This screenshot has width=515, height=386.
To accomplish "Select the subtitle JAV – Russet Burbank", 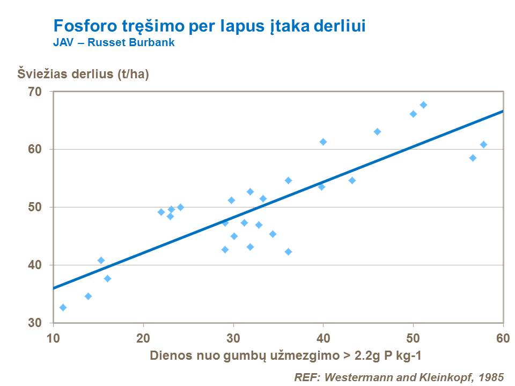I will tap(114, 42).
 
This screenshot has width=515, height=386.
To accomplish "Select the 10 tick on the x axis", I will tap(53, 338).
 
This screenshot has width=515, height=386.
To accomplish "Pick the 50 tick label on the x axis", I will tap(413, 338).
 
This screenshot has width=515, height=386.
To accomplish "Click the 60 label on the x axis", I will tap(503, 338).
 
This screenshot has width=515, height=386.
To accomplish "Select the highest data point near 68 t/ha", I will tap(423, 105).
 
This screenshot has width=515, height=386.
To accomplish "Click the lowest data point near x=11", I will tap(63, 307).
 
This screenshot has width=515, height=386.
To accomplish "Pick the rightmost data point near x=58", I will tap(483, 144).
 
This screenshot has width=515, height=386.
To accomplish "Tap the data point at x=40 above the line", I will tap(323, 142).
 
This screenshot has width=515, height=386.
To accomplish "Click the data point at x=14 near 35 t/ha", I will tap(88, 296).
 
